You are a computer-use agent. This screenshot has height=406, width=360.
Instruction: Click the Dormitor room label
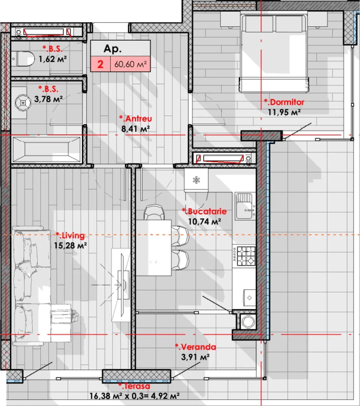tap(284, 102)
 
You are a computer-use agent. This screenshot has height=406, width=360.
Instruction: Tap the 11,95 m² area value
tap(284, 112)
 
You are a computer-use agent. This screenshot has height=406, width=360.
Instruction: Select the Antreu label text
tap(135, 119)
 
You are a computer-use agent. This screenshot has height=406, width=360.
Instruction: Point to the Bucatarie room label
tap(204, 212)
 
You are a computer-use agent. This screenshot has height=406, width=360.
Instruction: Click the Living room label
tap(70, 235)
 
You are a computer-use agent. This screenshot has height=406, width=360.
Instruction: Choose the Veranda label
tap(195, 347)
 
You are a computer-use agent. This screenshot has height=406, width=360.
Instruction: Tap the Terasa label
tap(134, 386)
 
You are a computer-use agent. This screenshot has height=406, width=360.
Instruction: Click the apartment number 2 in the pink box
tap(100, 64)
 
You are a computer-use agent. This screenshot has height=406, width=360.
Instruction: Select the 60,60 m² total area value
tap(130, 64)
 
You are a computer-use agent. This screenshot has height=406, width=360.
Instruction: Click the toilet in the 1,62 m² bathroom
tap(23, 59)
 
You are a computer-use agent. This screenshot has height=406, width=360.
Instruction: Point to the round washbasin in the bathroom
tap(23, 103)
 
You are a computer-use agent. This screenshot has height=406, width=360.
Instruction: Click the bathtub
tap(47, 149)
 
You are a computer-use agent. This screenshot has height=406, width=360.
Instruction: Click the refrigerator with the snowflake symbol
tap(196, 180)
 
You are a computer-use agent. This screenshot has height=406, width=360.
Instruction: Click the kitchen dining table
tap(154, 248)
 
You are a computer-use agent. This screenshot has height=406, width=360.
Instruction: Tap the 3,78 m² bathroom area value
tap(48, 99)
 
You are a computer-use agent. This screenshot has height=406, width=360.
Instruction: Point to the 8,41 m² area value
tap(135, 129)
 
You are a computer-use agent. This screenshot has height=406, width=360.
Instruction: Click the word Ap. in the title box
tap(113, 49)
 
